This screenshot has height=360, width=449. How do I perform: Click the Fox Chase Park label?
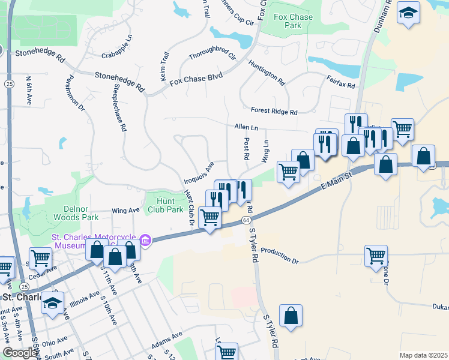[x=292, y=21]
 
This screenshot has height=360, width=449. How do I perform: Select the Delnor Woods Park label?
[x=76, y=213]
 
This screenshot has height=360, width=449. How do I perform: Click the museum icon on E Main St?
[x=145, y=241]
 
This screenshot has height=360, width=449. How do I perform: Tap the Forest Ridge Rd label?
[x=274, y=112]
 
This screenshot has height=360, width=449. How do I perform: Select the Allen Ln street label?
[x=246, y=128]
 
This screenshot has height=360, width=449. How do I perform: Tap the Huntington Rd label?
[x=267, y=71]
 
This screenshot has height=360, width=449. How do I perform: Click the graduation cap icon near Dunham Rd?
[x=408, y=14]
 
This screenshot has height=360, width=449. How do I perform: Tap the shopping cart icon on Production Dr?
[x=376, y=256]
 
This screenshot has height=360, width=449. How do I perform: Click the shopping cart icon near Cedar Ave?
[x=40, y=258]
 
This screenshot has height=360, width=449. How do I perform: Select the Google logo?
[x=20, y=353]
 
